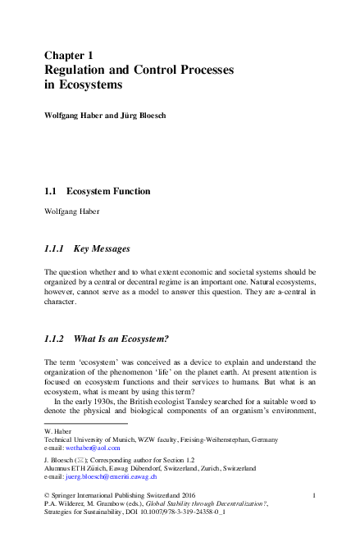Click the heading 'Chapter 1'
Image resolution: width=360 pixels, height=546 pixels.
coord(74,56)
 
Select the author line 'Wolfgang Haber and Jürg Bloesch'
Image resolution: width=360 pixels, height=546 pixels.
coord(105,116)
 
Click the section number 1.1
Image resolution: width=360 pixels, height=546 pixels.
coord(50,191)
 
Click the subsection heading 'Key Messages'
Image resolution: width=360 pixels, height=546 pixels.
coord(102,247)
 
